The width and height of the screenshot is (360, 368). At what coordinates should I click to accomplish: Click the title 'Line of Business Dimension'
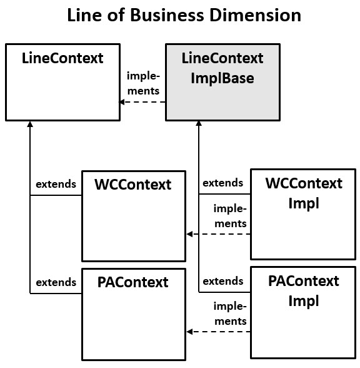point(184,15)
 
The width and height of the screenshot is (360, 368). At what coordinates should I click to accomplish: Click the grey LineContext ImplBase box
point(222,81)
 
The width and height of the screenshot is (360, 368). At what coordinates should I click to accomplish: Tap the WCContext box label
point(132,185)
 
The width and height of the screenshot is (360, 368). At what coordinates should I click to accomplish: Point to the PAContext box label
point(132,282)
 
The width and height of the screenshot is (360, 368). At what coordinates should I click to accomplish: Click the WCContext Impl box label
point(304,193)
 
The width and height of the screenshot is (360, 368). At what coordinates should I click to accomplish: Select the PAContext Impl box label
point(304,290)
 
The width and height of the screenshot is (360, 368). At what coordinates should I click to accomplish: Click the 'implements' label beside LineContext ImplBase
point(143,83)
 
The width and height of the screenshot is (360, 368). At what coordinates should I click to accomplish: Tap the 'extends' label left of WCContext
point(56,184)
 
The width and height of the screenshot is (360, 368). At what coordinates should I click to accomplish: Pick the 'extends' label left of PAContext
point(56,282)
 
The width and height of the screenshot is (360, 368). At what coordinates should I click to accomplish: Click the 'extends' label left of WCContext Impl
point(222,183)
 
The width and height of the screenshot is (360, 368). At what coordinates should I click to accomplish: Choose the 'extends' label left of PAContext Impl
point(222,280)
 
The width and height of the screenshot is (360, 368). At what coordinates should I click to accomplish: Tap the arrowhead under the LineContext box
point(30,124)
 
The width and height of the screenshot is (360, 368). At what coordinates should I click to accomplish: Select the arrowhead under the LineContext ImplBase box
point(199,124)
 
